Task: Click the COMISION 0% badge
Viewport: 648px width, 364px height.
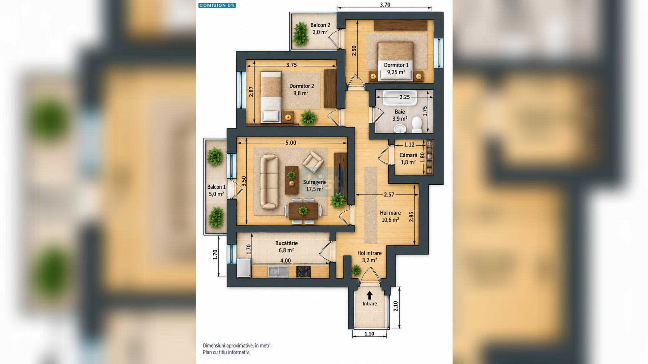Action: [217, 5]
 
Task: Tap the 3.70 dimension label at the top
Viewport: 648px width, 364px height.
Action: [385, 5]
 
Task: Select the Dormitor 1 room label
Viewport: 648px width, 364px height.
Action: [396, 65]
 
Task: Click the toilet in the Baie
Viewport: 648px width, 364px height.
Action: [417, 125]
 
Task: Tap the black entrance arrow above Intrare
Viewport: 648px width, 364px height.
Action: [370, 295]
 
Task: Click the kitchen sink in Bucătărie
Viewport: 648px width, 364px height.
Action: [278, 272]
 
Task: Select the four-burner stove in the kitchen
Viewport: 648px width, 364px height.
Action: [303, 272]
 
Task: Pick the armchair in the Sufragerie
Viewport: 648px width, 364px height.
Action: [313, 162]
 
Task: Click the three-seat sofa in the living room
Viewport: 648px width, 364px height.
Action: [269, 182]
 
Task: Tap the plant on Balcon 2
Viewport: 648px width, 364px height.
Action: [300, 34]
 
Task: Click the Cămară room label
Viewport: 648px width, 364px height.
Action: [408, 155]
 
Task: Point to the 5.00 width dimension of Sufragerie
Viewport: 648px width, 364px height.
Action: [291, 143]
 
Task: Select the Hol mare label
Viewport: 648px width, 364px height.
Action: [390, 213]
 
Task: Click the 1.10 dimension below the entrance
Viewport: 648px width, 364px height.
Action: [369, 334]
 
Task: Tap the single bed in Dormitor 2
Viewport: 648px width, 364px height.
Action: [271, 97]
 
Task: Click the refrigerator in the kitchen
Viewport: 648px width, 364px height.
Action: [244, 268]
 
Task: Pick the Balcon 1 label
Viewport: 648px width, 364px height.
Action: [216, 187]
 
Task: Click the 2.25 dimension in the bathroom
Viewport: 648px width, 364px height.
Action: [404, 97]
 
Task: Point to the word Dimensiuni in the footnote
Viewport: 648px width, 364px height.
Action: [214, 345]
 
